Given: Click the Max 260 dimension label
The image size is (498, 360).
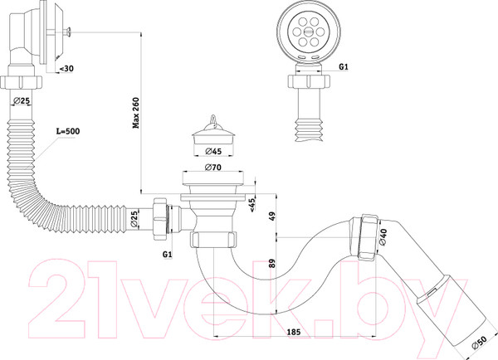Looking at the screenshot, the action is [x=136, y=113].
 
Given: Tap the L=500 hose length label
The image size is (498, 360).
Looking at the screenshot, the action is [x=68, y=131].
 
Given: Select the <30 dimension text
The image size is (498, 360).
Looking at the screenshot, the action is [x=66, y=69].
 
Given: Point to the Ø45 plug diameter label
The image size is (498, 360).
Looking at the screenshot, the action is [x=213, y=151].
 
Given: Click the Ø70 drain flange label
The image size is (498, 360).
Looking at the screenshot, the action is [x=213, y=167].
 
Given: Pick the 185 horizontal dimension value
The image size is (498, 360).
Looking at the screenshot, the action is [x=294, y=332].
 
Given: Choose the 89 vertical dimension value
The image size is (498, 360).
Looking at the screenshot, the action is [x=272, y=264].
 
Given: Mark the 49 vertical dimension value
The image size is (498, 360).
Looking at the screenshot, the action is [x=272, y=216].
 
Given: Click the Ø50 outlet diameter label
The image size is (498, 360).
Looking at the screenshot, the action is [x=479, y=343].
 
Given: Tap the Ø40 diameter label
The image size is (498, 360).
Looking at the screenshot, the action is [x=383, y=237].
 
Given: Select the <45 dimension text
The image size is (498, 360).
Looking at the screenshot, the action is [x=252, y=205].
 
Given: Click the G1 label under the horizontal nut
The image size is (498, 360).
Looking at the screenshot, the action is [x=168, y=255].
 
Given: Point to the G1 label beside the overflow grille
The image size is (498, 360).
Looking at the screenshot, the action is [x=344, y=66].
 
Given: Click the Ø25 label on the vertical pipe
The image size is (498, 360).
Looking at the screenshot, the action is [x=22, y=101].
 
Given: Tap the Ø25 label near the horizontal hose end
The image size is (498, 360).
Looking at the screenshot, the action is [x=134, y=219].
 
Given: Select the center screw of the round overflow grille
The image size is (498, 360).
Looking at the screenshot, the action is [x=309, y=32].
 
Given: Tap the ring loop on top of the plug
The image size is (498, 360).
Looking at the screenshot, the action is [x=213, y=119].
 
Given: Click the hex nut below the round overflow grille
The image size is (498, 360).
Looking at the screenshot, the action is [x=309, y=81].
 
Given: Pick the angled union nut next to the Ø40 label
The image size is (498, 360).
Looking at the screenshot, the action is [x=369, y=237].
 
